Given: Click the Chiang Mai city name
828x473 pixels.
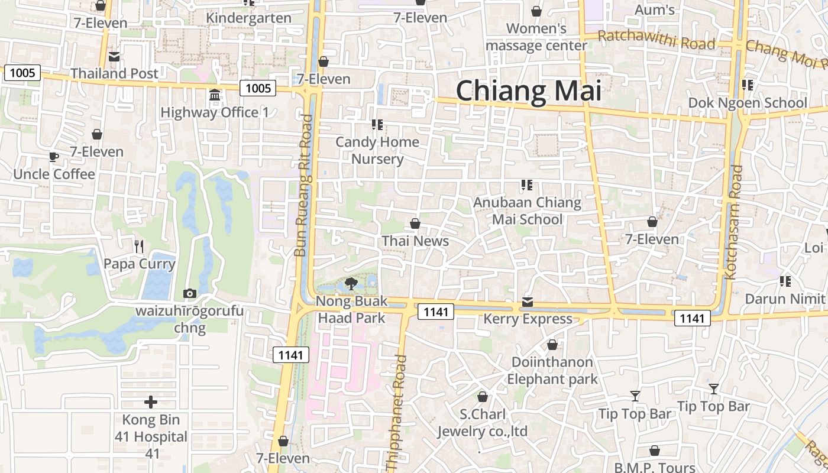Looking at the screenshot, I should click(x=528, y=91).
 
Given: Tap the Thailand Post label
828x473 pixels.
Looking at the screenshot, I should click(x=115, y=73).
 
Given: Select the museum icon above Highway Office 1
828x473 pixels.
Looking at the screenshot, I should click(x=215, y=95).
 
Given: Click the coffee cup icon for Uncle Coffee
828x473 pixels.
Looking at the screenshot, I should click(x=53, y=157).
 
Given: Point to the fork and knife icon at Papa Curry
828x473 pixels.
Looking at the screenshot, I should click(x=139, y=246).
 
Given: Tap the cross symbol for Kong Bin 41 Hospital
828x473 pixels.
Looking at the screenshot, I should click(x=151, y=402).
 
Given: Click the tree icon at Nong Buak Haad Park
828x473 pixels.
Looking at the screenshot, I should click(x=351, y=283).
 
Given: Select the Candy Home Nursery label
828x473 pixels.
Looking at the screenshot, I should click(x=377, y=150).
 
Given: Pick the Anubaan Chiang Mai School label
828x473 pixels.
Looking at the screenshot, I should click(x=527, y=211).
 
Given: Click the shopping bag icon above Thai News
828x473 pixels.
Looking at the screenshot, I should click(x=415, y=223).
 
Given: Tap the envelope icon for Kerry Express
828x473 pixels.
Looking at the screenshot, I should click(x=528, y=302).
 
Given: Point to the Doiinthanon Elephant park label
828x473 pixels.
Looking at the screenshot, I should click(x=552, y=370).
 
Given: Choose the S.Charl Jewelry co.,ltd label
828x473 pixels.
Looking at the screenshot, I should click(x=482, y=423).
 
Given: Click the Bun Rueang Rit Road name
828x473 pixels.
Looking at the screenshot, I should click(x=303, y=186).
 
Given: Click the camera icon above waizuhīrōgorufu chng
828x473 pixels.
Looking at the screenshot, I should click(x=190, y=293).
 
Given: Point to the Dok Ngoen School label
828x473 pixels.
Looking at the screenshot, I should click(x=748, y=103).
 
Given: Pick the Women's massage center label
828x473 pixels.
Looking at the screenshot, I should click(x=536, y=37).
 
